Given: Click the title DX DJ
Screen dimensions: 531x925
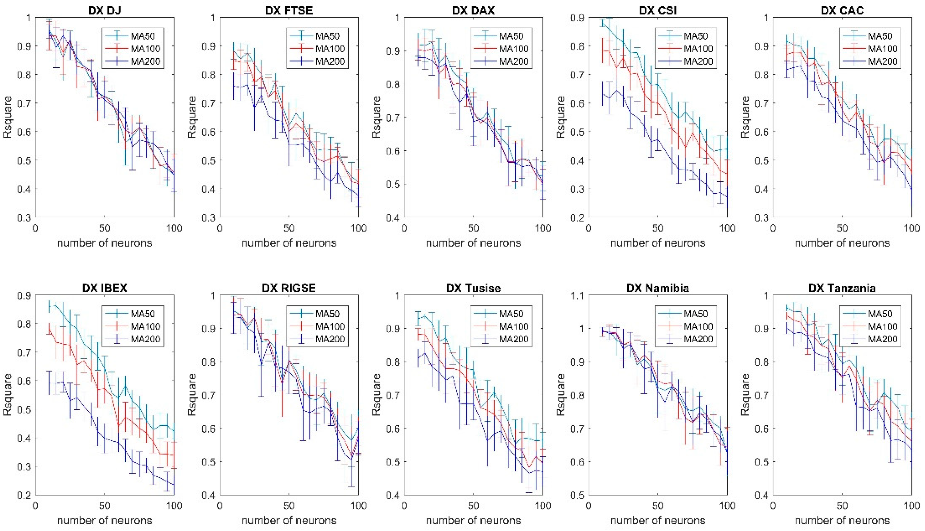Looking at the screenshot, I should [x=105, y=10].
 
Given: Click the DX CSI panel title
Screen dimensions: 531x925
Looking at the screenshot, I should [x=658, y=10].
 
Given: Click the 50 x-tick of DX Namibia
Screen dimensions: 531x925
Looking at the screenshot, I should [x=658, y=506].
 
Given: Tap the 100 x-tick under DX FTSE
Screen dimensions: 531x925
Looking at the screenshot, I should [x=358, y=228].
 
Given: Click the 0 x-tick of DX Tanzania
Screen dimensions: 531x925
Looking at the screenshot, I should [x=773, y=506].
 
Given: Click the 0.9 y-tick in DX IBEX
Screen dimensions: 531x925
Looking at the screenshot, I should [x=24, y=295].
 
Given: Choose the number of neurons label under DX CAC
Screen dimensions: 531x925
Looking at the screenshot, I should [x=842, y=243].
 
